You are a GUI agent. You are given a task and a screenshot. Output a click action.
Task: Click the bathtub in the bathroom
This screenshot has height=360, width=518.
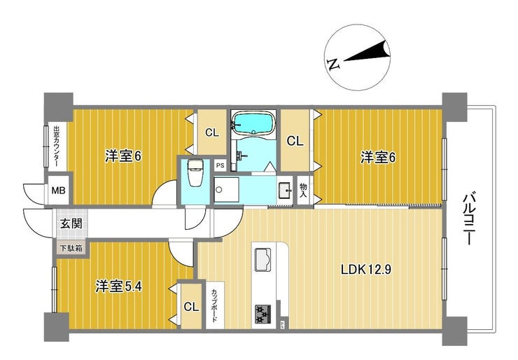pyautogui.click(x=253, y=123)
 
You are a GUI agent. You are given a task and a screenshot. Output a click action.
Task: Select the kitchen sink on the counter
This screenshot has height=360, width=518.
pyautogui.click(x=262, y=260)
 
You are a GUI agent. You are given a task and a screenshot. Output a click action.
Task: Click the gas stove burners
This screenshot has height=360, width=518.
pyautogui.click(x=262, y=313)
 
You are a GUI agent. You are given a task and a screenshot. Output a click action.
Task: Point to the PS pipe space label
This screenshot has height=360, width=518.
pyautogui.click(x=220, y=165)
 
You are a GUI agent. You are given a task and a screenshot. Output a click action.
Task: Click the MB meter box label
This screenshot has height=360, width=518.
pyautogui.click(x=59, y=191)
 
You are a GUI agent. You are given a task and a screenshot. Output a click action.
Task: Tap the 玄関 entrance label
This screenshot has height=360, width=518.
pyautogui.click(x=71, y=224)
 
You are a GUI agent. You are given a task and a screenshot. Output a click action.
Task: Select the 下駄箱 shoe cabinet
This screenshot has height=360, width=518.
pyautogui.click(x=71, y=248)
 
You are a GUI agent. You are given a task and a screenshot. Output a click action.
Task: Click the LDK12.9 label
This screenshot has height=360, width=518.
pyautogui.click(x=366, y=270)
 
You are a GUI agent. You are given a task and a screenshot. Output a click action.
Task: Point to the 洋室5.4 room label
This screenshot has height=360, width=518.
pyautogui.click(x=118, y=286)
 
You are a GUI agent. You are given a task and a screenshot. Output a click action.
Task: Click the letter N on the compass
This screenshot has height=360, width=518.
pyautogui.click(x=334, y=64)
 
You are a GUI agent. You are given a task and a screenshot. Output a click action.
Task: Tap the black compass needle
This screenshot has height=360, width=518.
pyautogui.click(x=367, y=53)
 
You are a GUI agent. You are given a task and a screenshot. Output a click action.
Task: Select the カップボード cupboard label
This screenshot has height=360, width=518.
pyautogui.click(x=214, y=305)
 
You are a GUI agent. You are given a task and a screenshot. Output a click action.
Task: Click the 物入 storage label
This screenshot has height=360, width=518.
pyautogui.click(x=303, y=191)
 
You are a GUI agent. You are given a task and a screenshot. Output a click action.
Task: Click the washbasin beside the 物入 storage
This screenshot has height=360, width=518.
pyautogui.click(x=286, y=191)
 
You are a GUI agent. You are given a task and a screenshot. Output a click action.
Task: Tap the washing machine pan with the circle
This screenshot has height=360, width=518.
pyautogui.click(x=226, y=190)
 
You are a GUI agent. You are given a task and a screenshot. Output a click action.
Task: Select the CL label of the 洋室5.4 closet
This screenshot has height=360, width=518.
pyautogui.click(x=191, y=307)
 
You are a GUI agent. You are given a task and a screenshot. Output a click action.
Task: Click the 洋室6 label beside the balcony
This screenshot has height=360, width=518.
pyautogui.click(x=377, y=158)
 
